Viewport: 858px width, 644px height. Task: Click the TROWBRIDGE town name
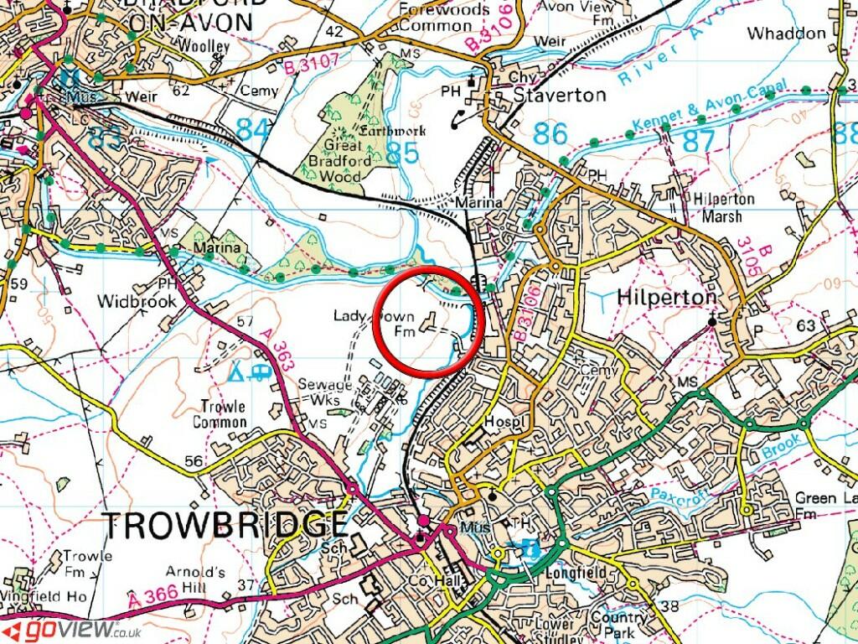coord(225,525)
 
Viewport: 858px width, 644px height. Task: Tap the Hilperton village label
coord(667,298)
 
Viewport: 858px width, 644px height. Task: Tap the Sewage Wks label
coord(325,392)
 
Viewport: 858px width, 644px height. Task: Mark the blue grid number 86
coord(550,133)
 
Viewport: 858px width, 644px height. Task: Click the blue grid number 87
coord(695,138)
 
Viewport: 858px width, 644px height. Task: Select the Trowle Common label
coord(220,414)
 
